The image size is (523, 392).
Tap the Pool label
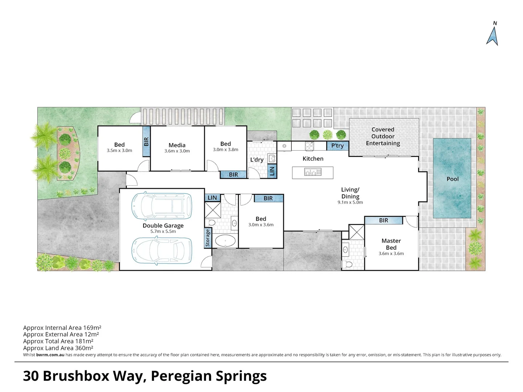pyautogui.click(x=453, y=179)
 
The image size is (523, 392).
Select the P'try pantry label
pyautogui.click(x=337, y=146)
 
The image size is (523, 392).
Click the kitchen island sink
pyautogui.click(x=313, y=172)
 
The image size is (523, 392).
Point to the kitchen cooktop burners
pyautogui.click(x=309, y=146)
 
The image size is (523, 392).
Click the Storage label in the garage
pyautogui.click(x=207, y=238)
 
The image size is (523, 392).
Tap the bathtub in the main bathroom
pyautogui.click(x=225, y=241)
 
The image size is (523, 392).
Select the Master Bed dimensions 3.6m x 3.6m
pyautogui.click(x=391, y=253)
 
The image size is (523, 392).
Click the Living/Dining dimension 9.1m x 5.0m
pyautogui.click(x=350, y=202)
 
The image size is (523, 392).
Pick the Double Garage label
pyautogui.click(x=163, y=226)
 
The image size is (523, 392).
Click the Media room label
pyautogui.click(x=177, y=145)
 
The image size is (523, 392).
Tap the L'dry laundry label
pyautogui.click(x=257, y=159)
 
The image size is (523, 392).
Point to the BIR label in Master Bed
pyautogui.click(x=384, y=220)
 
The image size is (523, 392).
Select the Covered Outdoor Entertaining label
pyautogui.click(x=383, y=136)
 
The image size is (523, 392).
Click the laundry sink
pyautogui.click(x=272, y=158)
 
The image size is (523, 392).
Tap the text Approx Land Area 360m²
pyautogui.click(x=58, y=348)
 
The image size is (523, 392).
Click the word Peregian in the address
pyautogui.click(x=181, y=376)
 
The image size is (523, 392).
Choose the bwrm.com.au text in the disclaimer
pyautogui.click(x=50, y=355)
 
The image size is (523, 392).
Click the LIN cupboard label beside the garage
pyautogui.click(x=212, y=198)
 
